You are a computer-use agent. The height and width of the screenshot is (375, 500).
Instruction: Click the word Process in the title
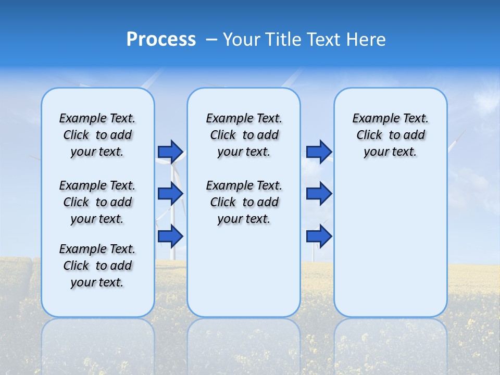[161, 40]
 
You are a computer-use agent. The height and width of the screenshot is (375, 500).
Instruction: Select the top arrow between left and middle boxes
[170, 152]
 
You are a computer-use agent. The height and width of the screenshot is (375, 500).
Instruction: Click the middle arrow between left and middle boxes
[170, 194]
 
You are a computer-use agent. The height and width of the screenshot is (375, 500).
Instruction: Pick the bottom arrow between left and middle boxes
[170, 236]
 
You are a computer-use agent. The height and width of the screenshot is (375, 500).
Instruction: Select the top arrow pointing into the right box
[319, 152]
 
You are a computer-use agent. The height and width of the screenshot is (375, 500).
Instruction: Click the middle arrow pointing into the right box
[319, 194]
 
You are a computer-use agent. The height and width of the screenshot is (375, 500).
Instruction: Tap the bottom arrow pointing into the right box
[319, 236]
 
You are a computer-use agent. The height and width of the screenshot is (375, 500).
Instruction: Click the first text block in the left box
[97, 135]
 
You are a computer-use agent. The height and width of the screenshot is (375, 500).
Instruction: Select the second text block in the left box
[97, 202]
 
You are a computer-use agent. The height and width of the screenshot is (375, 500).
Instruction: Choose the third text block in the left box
[97, 266]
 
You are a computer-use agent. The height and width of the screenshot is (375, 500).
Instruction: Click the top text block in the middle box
[244, 135]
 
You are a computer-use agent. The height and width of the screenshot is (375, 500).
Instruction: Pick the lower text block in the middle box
[244, 202]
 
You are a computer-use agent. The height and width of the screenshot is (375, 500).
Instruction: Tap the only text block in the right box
[390, 135]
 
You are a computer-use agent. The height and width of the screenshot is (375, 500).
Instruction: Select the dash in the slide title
[211, 40]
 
